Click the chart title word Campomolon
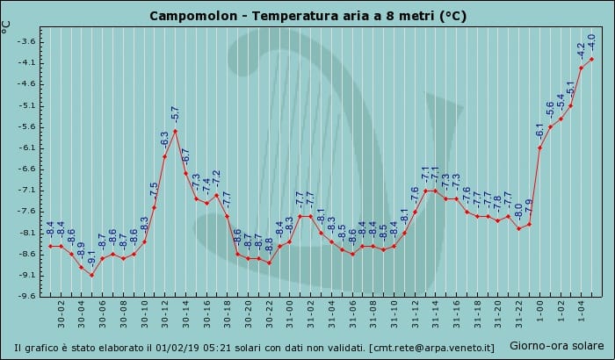pyautogui.click(x=193, y=16)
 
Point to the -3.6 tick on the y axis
pyautogui.click(x=25, y=41)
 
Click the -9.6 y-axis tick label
pyautogui.click(x=25, y=296)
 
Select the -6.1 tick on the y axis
pyautogui.click(x=25, y=148)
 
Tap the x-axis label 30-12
pyautogui.click(x=165, y=314)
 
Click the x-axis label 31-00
pyautogui.click(x=290, y=314)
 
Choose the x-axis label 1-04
pyautogui.click(x=582, y=312)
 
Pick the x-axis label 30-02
pyautogui.click(x=61, y=314)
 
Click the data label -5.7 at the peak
pyautogui.click(x=175, y=114)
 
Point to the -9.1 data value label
pyautogui.click(x=91, y=259)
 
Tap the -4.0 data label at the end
pyautogui.click(x=591, y=42)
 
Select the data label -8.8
pyautogui.click(x=269, y=246)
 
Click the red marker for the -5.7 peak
pyautogui.click(x=176, y=131)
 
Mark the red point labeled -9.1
pyautogui.click(x=91, y=276)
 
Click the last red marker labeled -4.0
pyautogui.click(x=592, y=59)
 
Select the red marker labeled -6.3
pyautogui.click(x=165, y=156)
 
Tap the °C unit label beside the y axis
pyautogui.click(x=6, y=26)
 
